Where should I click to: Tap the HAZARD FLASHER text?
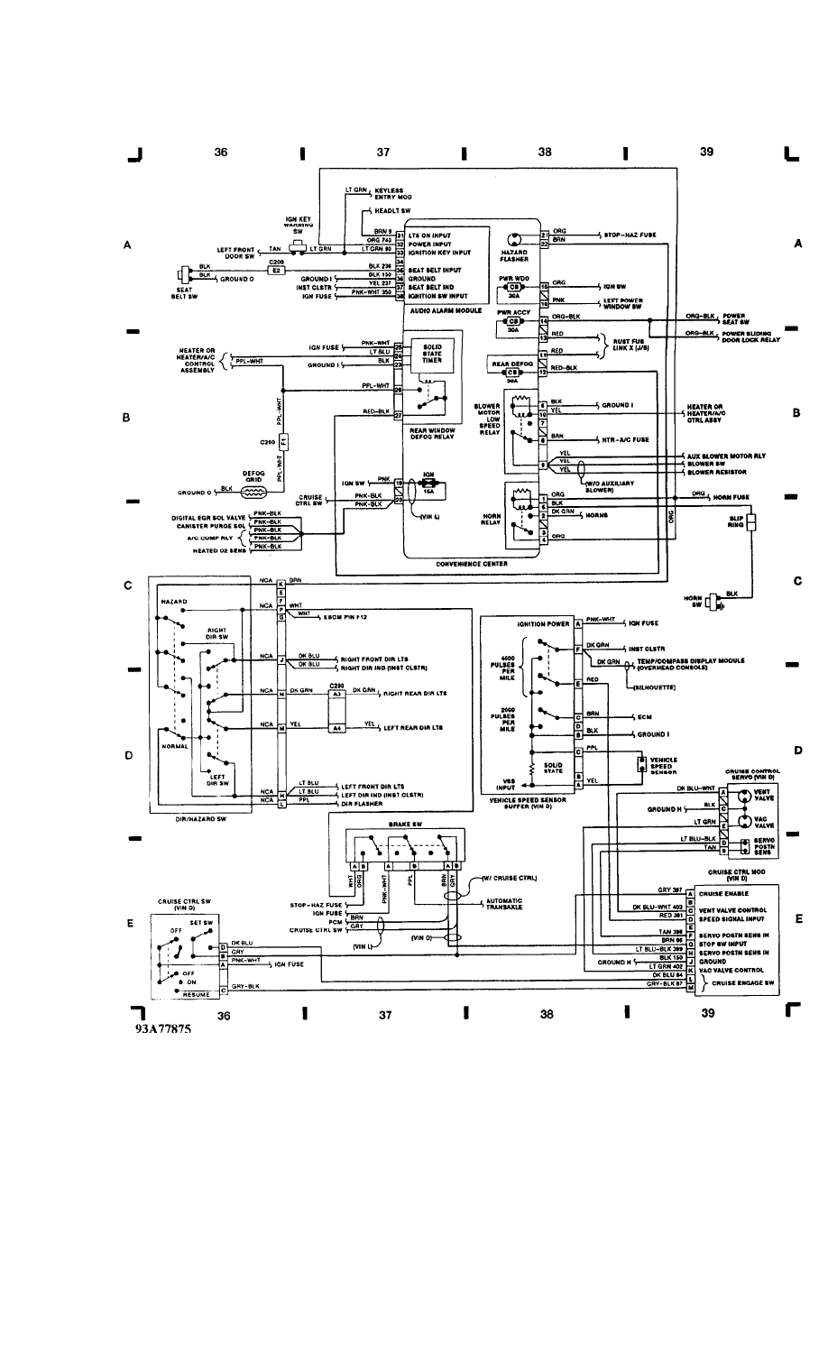513,255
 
